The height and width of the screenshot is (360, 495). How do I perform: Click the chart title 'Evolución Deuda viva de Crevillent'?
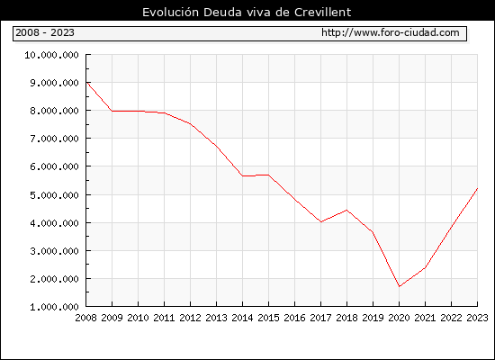[x=247, y=13]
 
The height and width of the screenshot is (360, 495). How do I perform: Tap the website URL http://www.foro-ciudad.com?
[x=391, y=32]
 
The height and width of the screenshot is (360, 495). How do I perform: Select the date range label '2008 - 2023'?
[x=45, y=32]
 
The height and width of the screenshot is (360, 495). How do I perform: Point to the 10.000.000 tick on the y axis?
[x=52, y=55]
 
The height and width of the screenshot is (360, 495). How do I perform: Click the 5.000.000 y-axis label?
[x=54, y=195]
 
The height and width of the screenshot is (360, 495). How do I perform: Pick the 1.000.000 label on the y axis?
[x=54, y=307]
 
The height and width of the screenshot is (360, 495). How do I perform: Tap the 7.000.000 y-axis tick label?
[x=54, y=139]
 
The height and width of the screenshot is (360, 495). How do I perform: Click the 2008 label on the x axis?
[x=85, y=318]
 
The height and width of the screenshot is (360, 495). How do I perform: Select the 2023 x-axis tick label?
[x=477, y=318]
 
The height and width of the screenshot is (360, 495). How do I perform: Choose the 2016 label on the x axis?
[x=294, y=318]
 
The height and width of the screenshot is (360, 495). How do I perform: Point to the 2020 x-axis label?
[x=399, y=318]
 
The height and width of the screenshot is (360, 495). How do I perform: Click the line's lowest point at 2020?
[x=400, y=286]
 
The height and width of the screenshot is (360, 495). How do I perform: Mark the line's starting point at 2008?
[x=86, y=82]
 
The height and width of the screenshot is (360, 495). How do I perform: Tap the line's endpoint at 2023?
[x=477, y=188]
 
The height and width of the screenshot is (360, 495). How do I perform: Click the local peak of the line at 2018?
[x=346, y=210]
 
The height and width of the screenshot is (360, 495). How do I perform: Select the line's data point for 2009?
[x=112, y=111]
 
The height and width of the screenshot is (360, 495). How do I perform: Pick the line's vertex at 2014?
[x=242, y=175]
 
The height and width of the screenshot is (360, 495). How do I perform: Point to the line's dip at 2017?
[x=320, y=221]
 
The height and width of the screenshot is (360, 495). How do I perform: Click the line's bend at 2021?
[x=425, y=268]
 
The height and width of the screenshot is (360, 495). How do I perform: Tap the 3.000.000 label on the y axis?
[x=54, y=251]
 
